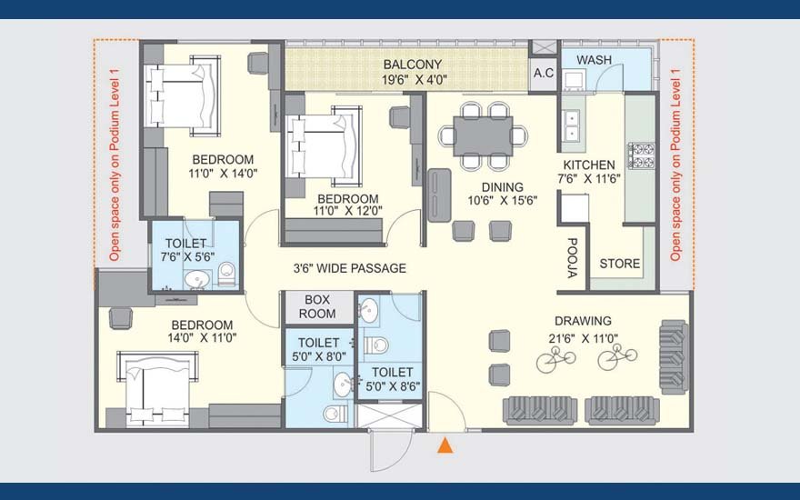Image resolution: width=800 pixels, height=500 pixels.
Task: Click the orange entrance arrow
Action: pyautogui.click(x=445, y=445)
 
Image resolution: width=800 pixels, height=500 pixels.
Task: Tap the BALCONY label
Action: pyautogui.click(x=413, y=65)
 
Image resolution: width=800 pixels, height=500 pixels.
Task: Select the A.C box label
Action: pyautogui.click(x=544, y=74)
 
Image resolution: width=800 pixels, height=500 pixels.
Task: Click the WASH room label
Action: pyautogui.click(x=595, y=60)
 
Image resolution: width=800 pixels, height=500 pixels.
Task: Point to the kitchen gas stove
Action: pyautogui.click(x=641, y=155)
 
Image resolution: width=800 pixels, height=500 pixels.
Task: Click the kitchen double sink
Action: pyautogui.click(x=571, y=125)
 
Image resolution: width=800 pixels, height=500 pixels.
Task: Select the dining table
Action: pyautogui.click(x=483, y=136)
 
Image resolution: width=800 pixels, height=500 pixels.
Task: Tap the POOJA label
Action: pyautogui.click(x=573, y=257)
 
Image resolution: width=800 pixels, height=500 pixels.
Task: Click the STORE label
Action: pyautogui.click(x=620, y=264)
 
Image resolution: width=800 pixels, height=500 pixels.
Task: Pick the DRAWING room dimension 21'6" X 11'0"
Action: pyautogui.click(x=583, y=338)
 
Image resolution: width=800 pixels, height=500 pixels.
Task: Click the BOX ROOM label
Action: pyautogui.click(x=317, y=306)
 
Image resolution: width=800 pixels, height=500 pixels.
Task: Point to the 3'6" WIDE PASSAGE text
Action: pyautogui.click(x=349, y=268)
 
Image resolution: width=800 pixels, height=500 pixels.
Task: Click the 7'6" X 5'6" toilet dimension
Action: pyautogui.click(x=188, y=257)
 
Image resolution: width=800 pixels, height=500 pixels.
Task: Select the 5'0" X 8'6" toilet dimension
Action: pyautogui.click(x=393, y=386)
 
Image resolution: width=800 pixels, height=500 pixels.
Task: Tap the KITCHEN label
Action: pyautogui.click(x=589, y=165)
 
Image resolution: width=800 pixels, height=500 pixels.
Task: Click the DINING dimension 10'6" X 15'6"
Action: pyautogui.click(x=503, y=201)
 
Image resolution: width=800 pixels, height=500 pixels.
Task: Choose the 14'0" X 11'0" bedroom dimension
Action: pyautogui.click(x=202, y=338)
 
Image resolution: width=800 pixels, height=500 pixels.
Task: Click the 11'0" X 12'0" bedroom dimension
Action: pyautogui.click(x=348, y=211)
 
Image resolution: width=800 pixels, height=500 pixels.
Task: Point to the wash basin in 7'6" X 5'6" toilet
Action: pyautogui.click(x=197, y=280)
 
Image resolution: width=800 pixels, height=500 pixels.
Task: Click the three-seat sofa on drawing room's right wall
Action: pyautogui.click(x=674, y=356)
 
